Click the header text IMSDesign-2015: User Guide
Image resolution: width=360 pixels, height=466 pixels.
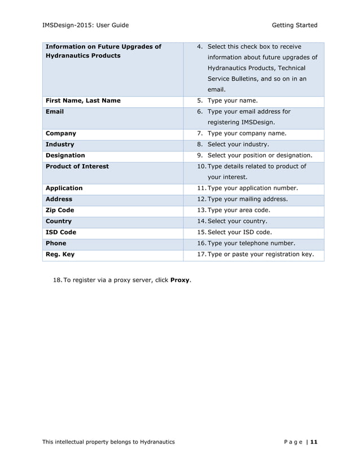point(86,25)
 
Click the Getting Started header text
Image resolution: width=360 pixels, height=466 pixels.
point(294,25)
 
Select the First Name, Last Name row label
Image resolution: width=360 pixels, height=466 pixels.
point(82,101)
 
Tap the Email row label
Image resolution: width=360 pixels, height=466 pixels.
point(54,112)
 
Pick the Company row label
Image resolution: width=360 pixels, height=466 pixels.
point(60,134)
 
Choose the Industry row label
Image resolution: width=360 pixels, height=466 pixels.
point(59,144)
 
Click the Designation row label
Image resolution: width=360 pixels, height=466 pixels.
point(65,155)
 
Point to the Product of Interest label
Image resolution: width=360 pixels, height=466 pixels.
point(77,166)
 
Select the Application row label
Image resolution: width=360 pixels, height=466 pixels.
point(64,188)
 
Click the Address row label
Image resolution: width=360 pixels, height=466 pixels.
point(59,199)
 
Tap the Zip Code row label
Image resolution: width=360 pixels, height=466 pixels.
point(59,210)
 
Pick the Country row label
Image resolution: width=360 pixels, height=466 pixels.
point(58,221)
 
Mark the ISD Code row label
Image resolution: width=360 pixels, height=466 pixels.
point(60,232)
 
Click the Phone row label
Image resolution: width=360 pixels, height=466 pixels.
point(55,243)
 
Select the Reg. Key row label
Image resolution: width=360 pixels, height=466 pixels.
point(59,254)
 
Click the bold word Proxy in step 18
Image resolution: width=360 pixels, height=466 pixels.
point(180,280)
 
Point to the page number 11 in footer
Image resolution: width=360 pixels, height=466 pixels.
point(314,441)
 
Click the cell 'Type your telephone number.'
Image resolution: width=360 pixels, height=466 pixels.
point(251,243)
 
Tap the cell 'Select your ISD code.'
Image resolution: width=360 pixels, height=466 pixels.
point(239,232)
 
